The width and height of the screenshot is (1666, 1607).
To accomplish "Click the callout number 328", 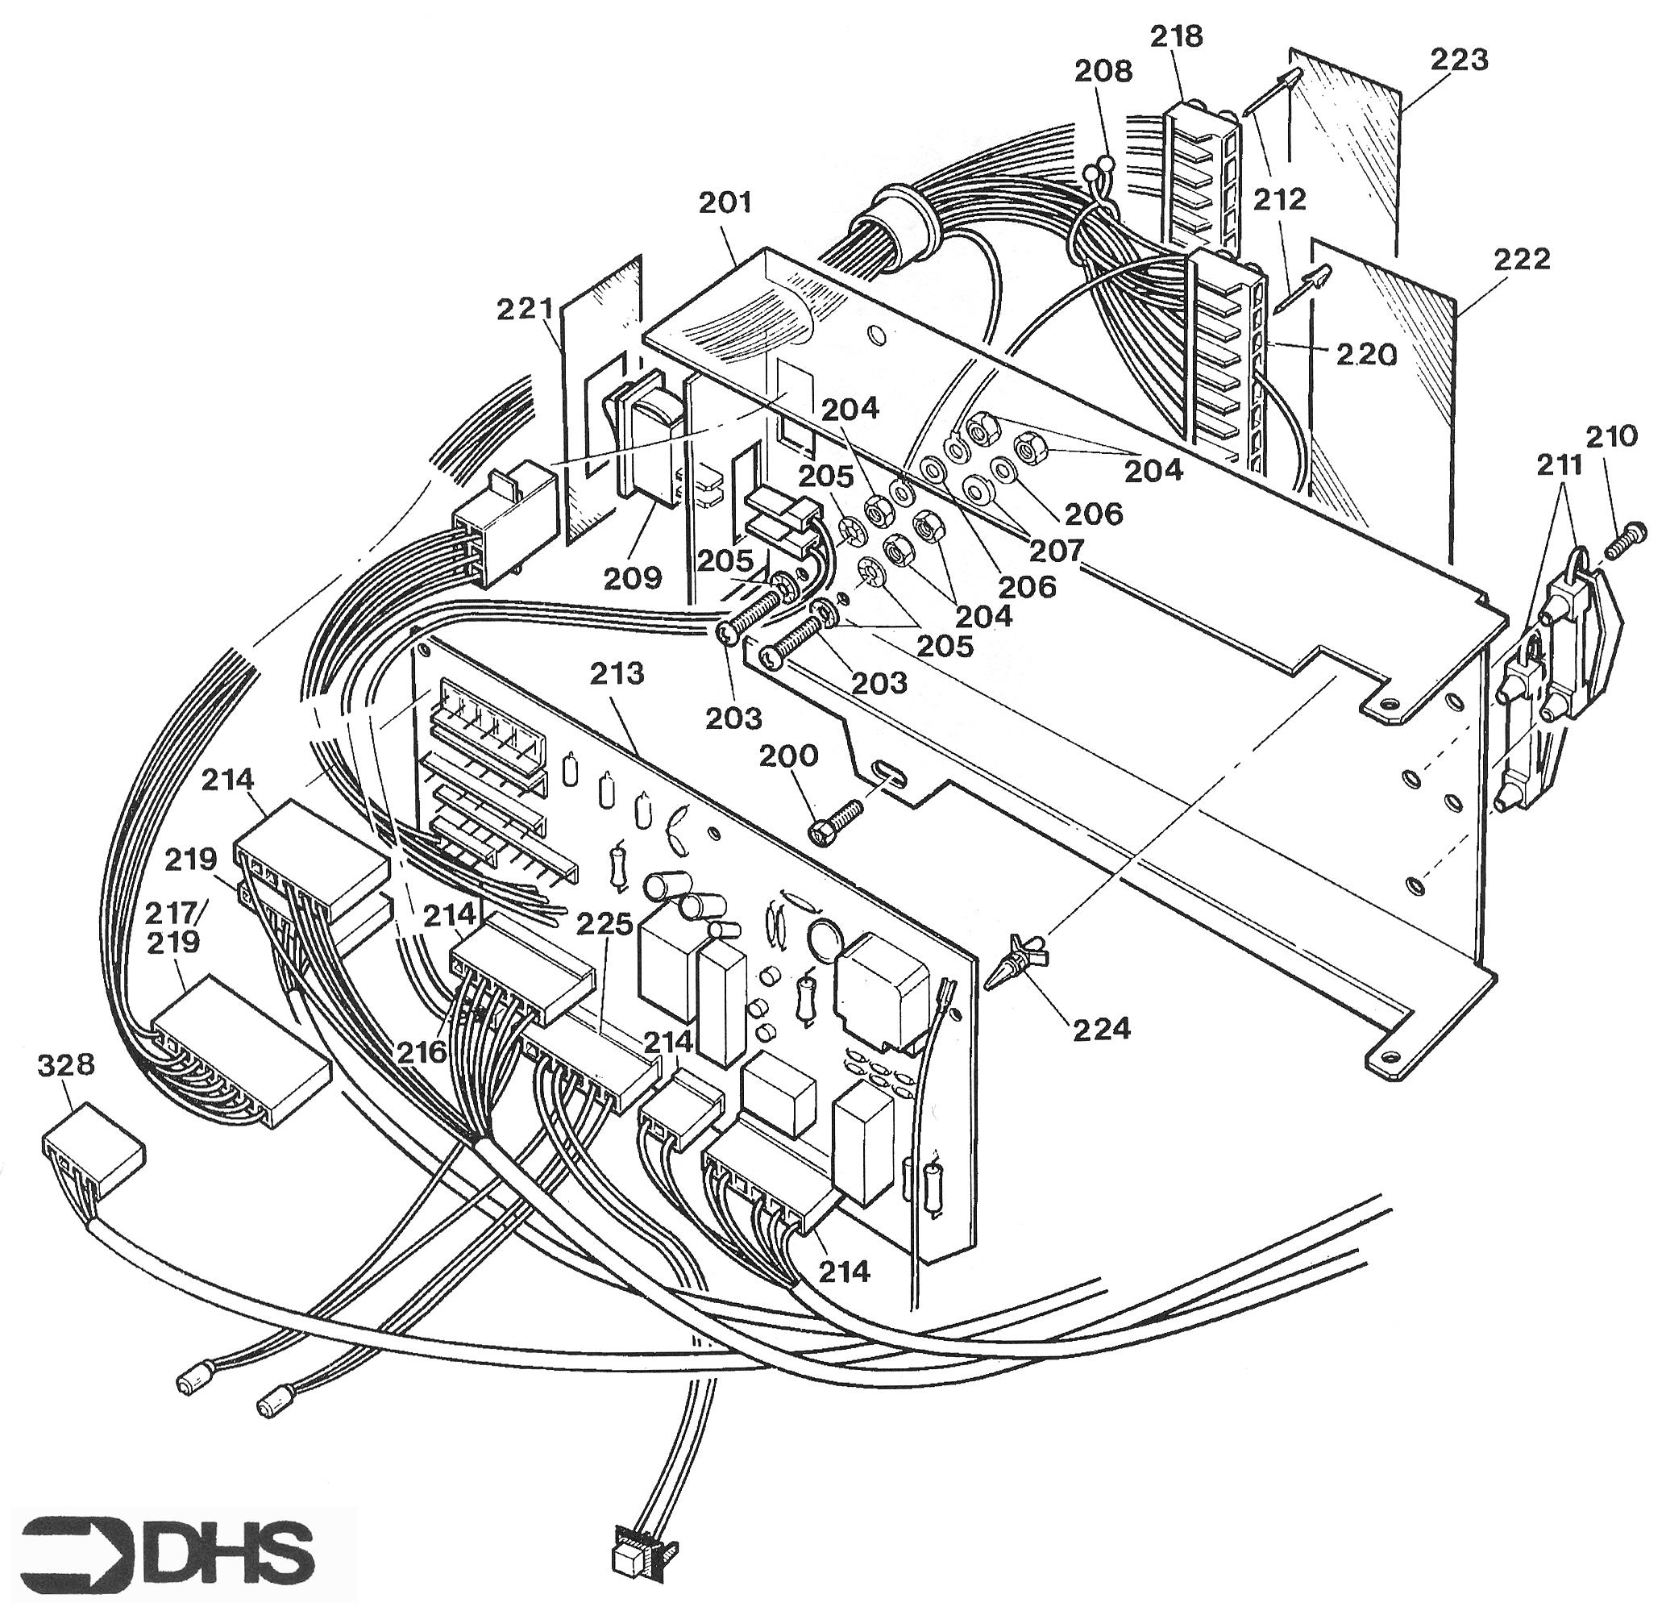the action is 66,1065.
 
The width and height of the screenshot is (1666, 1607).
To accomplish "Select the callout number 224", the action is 1103,1029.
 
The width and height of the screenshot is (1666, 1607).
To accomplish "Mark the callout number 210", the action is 1612,436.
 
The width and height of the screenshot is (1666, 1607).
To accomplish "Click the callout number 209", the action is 634,578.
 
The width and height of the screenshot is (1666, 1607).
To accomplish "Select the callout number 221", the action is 527,309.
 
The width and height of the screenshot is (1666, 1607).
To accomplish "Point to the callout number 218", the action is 1177,35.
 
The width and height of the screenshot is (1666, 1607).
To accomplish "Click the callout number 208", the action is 1103,73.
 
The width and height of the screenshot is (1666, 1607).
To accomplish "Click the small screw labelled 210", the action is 1626,543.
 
